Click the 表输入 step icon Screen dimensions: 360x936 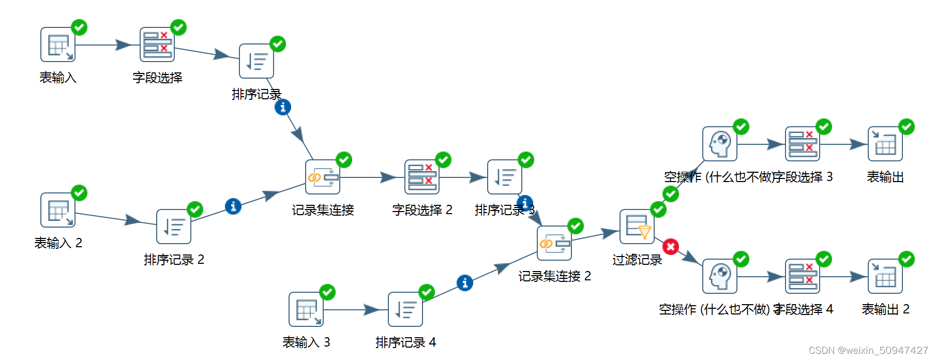(x=58, y=45)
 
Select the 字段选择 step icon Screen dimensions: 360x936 (x=157, y=45)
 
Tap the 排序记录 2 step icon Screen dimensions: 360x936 (x=174, y=227)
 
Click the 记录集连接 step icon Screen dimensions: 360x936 (x=323, y=177)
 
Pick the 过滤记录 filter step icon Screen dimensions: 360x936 (x=637, y=227)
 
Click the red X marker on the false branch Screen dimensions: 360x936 (x=671, y=247)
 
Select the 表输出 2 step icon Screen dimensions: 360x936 (x=885, y=276)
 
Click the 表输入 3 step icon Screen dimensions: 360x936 (x=306, y=309)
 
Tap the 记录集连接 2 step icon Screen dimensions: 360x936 (x=554, y=243)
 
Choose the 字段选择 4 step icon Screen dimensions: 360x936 (x=803, y=276)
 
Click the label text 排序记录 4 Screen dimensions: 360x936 (x=406, y=342)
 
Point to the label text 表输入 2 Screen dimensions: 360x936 (x=58, y=243)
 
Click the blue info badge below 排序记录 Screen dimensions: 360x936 (x=282, y=108)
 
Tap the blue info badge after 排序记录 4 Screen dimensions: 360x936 (x=464, y=283)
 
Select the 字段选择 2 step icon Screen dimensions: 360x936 (x=422, y=177)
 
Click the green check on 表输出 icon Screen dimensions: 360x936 (x=906, y=127)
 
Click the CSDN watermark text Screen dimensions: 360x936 (x=868, y=351)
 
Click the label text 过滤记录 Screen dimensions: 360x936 (x=637, y=260)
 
